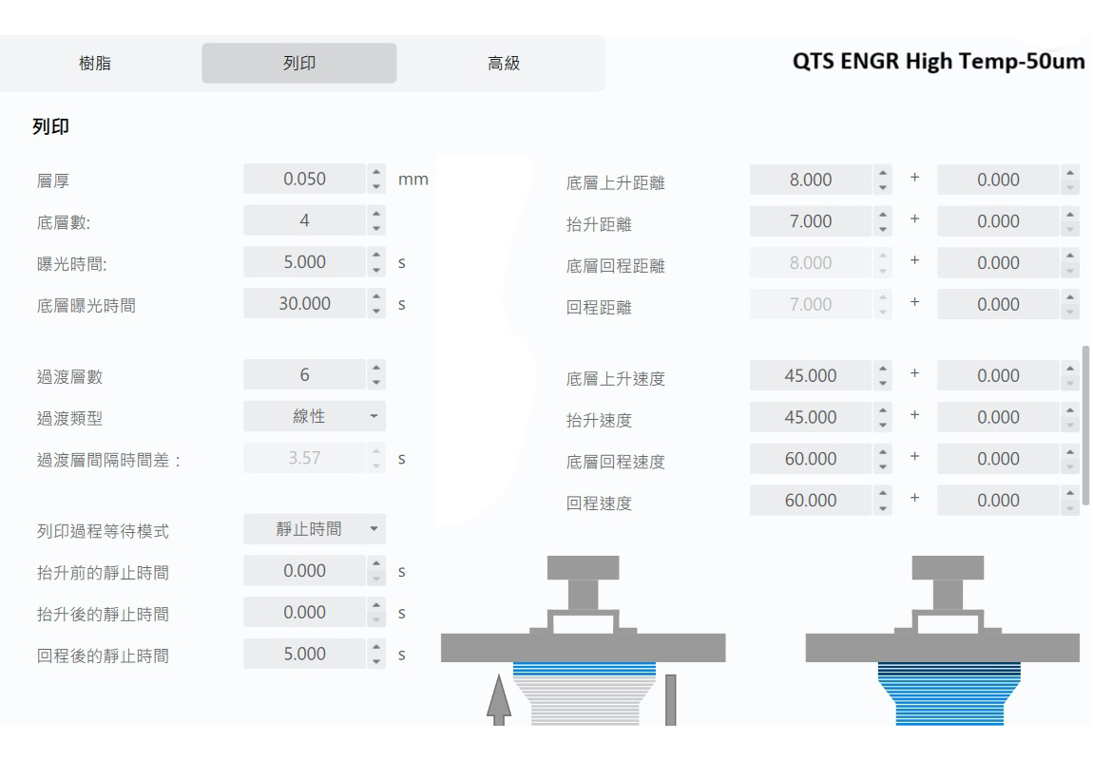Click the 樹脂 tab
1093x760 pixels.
(x=94, y=64)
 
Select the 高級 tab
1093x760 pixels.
(x=503, y=64)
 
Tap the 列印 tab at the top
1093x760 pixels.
(x=299, y=64)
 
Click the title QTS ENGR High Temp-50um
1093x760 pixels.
(x=938, y=61)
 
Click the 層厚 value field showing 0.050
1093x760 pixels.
(x=304, y=180)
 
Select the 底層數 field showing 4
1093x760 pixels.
(x=304, y=221)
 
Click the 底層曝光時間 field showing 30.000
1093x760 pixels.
(x=304, y=304)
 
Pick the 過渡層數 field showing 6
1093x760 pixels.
(x=304, y=375)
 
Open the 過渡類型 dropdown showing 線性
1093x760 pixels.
(x=315, y=417)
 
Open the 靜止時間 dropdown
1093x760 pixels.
(x=315, y=529)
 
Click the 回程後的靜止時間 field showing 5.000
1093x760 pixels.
(x=304, y=655)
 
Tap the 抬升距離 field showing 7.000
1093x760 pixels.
(x=810, y=221)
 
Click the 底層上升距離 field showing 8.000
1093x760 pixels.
(x=810, y=180)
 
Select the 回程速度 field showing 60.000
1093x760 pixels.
(x=810, y=501)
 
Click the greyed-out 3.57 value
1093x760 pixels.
(x=304, y=458)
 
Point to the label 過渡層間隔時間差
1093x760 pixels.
(x=108, y=461)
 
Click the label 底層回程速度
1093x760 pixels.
(x=615, y=463)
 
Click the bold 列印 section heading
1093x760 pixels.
(x=52, y=126)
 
